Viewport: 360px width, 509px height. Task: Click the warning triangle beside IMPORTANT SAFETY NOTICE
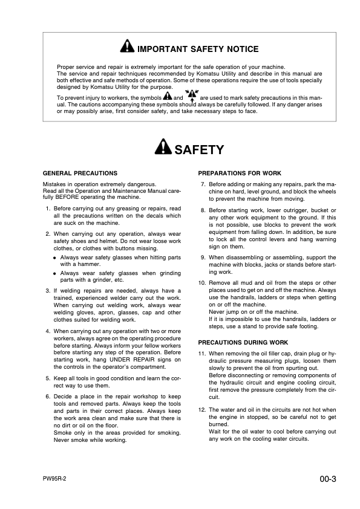[126, 48]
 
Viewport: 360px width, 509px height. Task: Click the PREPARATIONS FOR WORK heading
[240, 173]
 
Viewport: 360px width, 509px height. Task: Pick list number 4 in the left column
[48, 332]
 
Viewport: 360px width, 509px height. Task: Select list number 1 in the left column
[48, 209]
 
